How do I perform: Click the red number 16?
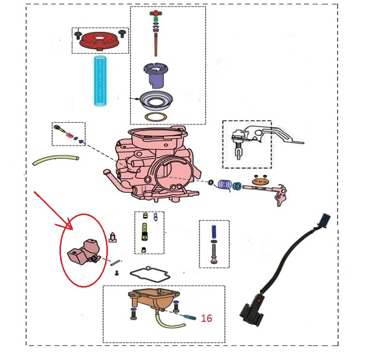pos(207,318)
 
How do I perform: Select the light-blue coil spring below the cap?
pos(100,81)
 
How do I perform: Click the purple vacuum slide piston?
pos(156,75)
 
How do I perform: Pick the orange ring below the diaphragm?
pos(156,116)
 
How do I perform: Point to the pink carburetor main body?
pos(152,163)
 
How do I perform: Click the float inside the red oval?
pos(84,251)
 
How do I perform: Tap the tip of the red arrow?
pos(72,230)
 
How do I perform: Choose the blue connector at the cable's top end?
pos(324,221)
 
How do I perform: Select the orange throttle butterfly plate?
pos(260,182)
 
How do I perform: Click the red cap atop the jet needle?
pos(155,13)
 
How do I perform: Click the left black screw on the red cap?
pos(78,35)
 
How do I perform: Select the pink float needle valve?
pos(112,237)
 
